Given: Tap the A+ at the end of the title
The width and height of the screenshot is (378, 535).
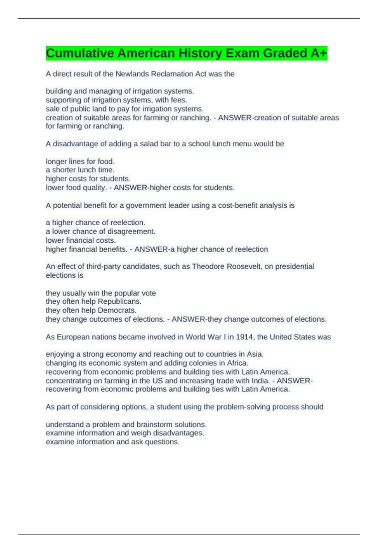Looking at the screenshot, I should point(319,53).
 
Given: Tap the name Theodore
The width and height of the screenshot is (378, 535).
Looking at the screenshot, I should point(208,267).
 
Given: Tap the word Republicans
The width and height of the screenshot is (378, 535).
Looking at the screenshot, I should point(120,301).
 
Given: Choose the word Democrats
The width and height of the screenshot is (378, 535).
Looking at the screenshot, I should point(117,310).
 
